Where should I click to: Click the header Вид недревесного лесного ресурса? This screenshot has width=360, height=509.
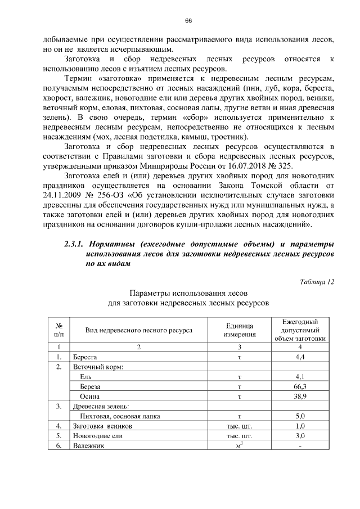point(138,330)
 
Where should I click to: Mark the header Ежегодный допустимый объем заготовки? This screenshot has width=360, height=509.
point(300,330)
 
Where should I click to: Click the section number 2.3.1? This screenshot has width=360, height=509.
point(74,244)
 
